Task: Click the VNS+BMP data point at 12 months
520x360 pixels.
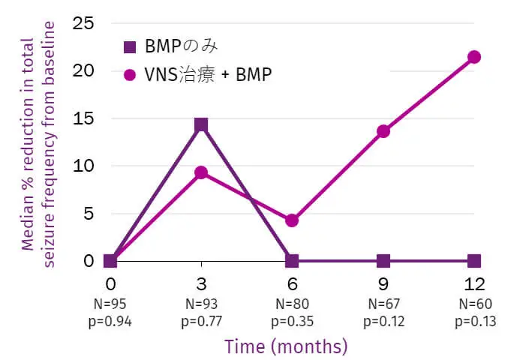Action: click(x=473, y=57)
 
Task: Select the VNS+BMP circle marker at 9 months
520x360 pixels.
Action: click(x=383, y=131)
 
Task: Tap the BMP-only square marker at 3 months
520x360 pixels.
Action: click(x=200, y=124)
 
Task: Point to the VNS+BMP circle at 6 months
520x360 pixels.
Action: click(x=292, y=220)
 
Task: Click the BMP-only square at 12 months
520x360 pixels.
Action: click(x=473, y=261)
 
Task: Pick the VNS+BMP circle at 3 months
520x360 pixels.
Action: click(x=200, y=172)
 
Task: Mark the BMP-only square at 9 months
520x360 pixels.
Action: click(x=383, y=261)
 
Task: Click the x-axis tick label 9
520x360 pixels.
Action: click(x=383, y=284)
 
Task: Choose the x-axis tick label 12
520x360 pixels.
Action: click(x=473, y=284)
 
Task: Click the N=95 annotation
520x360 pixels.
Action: click(x=110, y=305)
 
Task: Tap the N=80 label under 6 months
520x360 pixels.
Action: click(x=292, y=305)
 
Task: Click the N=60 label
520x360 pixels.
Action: click(x=473, y=305)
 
